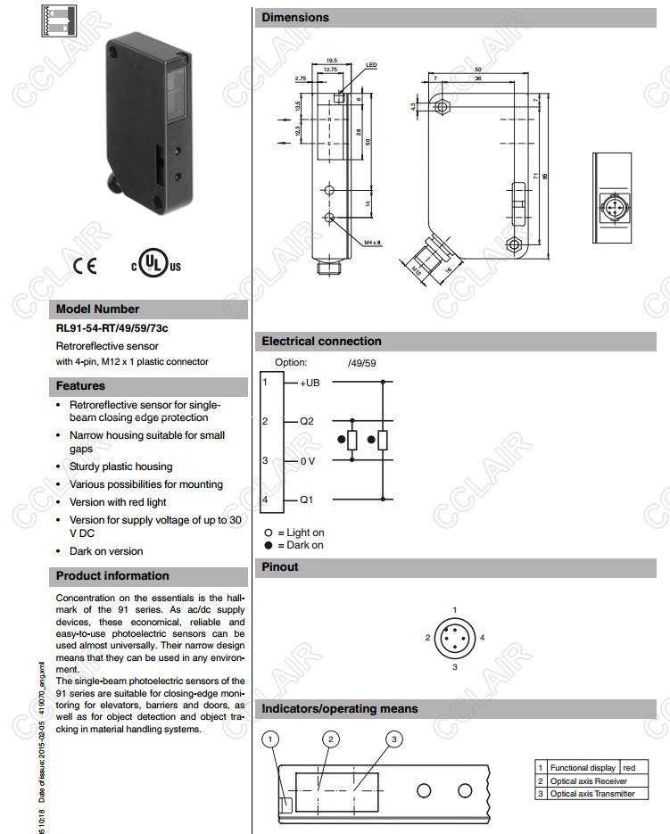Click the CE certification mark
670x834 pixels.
click(86, 265)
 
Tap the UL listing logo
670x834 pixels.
click(156, 265)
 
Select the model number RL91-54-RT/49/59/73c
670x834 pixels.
click(112, 327)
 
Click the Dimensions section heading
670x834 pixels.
click(295, 18)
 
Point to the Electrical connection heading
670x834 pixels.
click(321, 342)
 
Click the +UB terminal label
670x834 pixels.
click(310, 383)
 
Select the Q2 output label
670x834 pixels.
click(306, 421)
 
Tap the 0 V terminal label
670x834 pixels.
click(307, 460)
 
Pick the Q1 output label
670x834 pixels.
click(306, 500)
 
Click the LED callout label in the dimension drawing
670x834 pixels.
click(371, 65)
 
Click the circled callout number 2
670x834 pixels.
click(331, 739)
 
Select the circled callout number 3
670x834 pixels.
click(395, 739)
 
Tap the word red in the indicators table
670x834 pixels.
click(629, 767)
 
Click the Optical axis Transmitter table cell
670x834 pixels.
click(592, 794)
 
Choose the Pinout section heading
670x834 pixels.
click(280, 567)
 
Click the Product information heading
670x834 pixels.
click(112, 576)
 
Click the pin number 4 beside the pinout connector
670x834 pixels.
click(482, 638)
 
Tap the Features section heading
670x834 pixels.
click(80, 386)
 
